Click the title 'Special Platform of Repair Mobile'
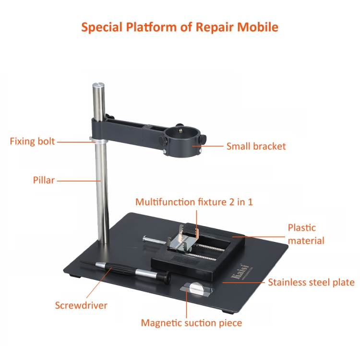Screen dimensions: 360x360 click(x=180, y=27)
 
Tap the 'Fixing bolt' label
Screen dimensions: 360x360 click(x=32, y=141)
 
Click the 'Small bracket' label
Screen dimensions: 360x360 click(x=256, y=146)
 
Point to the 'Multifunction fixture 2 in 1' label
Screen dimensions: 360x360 click(x=194, y=202)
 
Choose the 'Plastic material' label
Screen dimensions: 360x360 click(x=306, y=234)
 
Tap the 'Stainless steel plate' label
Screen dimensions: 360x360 click(x=311, y=282)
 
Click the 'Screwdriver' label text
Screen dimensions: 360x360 click(x=81, y=305)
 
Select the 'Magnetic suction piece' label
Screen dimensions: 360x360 click(x=192, y=323)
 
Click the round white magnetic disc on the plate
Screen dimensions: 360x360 click(x=195, y=288)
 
